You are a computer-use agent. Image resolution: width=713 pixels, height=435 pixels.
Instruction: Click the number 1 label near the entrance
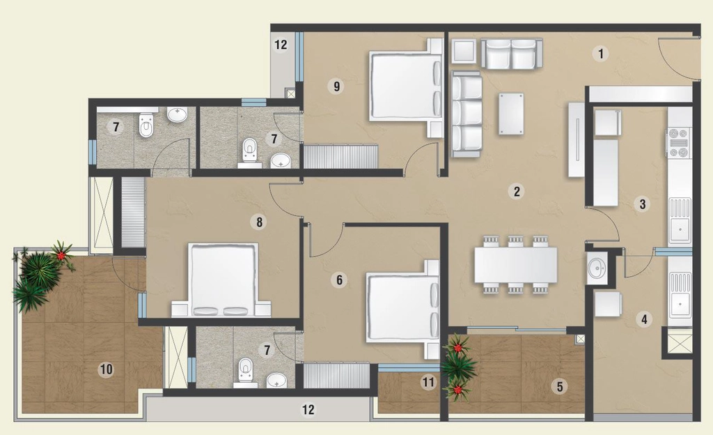coord(601,54)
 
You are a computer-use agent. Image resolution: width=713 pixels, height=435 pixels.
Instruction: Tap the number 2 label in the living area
coord(516,191)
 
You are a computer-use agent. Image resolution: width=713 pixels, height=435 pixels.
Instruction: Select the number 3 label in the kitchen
coord(642,204)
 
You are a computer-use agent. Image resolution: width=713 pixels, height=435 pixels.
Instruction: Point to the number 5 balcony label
coord(560,386)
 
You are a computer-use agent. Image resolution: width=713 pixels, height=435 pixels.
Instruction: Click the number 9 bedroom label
coord(336,86)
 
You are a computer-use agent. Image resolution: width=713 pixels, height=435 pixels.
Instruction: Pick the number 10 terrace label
coord(106,369)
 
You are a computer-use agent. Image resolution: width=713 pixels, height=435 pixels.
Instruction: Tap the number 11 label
coord(428,382)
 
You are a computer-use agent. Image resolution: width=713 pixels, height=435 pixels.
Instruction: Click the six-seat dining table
coord(516,264)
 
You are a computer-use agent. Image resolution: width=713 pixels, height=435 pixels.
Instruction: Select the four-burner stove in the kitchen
coord(678,143)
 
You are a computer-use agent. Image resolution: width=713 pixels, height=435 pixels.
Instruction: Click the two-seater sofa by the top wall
coord(512,54)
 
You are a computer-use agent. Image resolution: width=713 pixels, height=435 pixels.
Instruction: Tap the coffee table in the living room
coord(511,114)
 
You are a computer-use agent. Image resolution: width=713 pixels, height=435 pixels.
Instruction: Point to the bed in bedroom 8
coord(221,280)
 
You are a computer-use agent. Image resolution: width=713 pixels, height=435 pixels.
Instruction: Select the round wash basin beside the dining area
coord(596,268)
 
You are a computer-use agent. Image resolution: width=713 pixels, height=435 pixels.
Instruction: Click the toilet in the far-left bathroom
coord(146,125)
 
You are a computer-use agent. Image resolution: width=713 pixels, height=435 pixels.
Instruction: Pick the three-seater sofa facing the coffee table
coord(466,114)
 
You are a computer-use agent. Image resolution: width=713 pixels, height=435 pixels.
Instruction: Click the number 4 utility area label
coord(644,319)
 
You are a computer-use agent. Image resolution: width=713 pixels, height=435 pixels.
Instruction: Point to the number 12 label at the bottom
coord(308,409)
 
